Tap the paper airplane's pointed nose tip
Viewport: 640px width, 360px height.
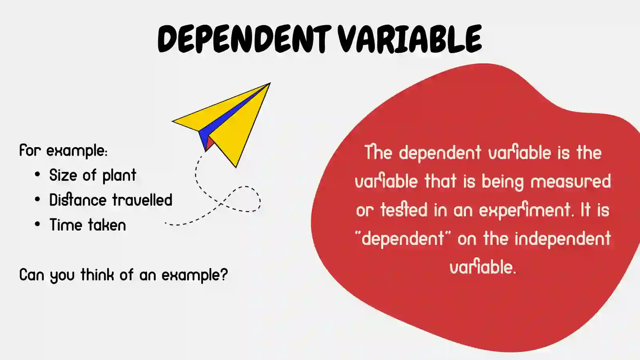(x=269, y=84)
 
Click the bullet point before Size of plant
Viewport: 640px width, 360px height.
(x=37, y=175)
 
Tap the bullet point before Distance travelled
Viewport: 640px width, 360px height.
(x=37, y=200)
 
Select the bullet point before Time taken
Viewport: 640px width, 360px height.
(x=37, y=224)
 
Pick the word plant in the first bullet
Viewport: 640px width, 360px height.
(x=119, y=176)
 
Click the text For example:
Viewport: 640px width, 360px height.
(x=63, y=151)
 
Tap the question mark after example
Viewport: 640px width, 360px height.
(x=224, y=274)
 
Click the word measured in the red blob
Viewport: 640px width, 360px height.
(x=570, y=181)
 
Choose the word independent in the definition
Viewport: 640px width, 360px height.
(x=562, y=239)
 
